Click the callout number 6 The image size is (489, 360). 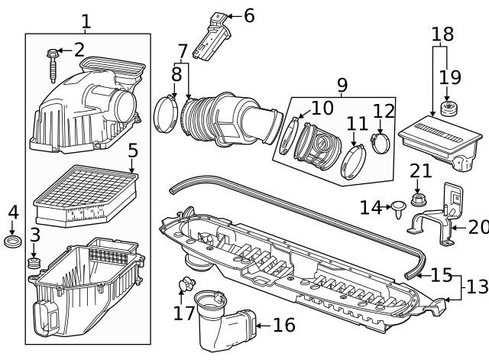point(249,15)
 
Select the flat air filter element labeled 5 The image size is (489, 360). point(86,195)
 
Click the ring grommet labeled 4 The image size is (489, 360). point(13,243)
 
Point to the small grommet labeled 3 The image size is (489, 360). point(33,264)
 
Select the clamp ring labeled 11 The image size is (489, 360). point(352,160)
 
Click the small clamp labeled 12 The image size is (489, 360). point(380,141)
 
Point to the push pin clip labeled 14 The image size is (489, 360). point(397,207)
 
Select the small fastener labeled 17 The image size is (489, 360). point(183,286)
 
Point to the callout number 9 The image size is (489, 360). point(342,83)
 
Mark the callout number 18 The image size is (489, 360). point(442,34)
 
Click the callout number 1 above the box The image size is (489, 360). point(86,21)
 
